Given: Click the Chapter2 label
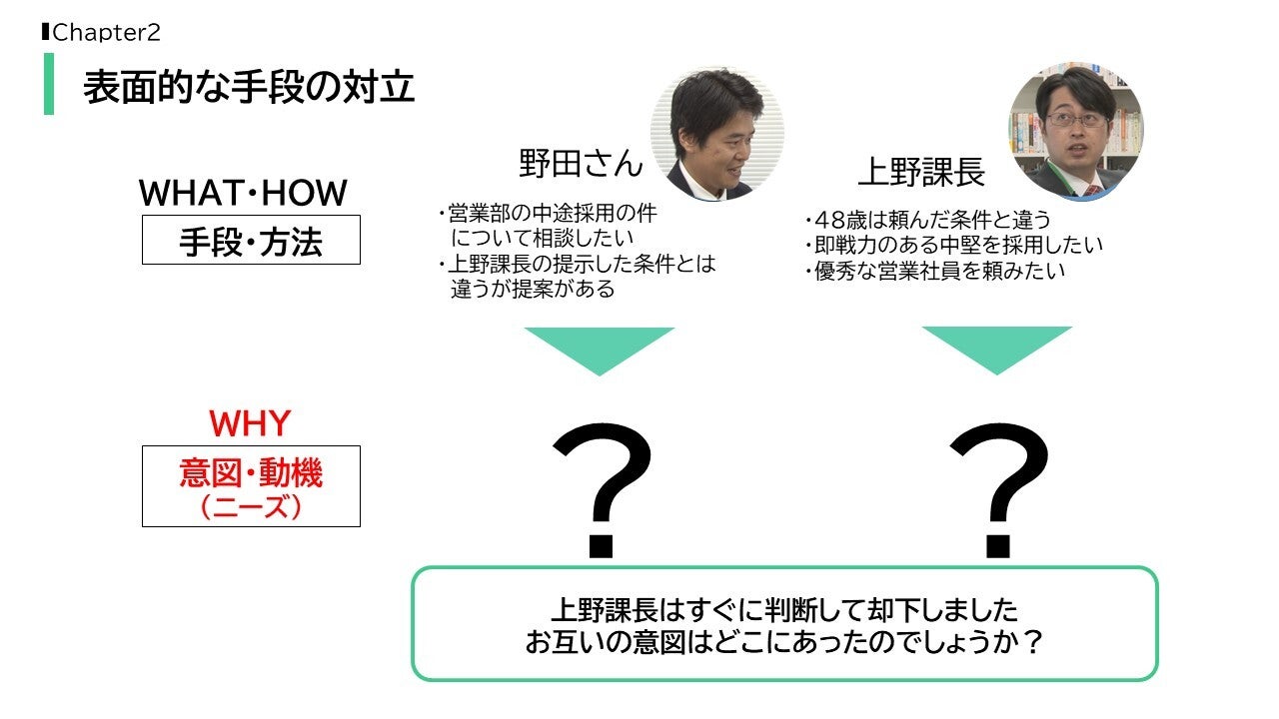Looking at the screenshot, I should [x=106, y=33].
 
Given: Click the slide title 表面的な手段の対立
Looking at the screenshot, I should [x=249, y=87].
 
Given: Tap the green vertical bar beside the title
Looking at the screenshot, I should [x=49, y=84].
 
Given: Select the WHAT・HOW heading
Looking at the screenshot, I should [x=243, y=192].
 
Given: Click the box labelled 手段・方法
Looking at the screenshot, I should [x=251, y=241].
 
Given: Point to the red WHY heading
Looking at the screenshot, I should [x=249, y=423].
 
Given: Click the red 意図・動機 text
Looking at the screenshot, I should [x=251, y=473].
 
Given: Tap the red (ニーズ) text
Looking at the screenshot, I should [x=251, y=507].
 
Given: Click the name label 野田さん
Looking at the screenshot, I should [x=581, y=163].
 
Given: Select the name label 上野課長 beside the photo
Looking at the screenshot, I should [x=921, y=173].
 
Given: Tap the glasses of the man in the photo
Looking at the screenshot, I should [x=1075, y=119].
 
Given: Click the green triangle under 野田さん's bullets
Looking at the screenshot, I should [x=599, y=348].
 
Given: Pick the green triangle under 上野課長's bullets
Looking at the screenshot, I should [x=996, y=348].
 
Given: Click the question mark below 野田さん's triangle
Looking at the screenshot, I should [x=602, y=489].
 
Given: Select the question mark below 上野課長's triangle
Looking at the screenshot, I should [x=999, y=489].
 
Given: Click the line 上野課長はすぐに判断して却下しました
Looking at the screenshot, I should [x=784, y=608].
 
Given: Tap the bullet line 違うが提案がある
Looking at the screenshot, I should [x=533, y=290].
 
